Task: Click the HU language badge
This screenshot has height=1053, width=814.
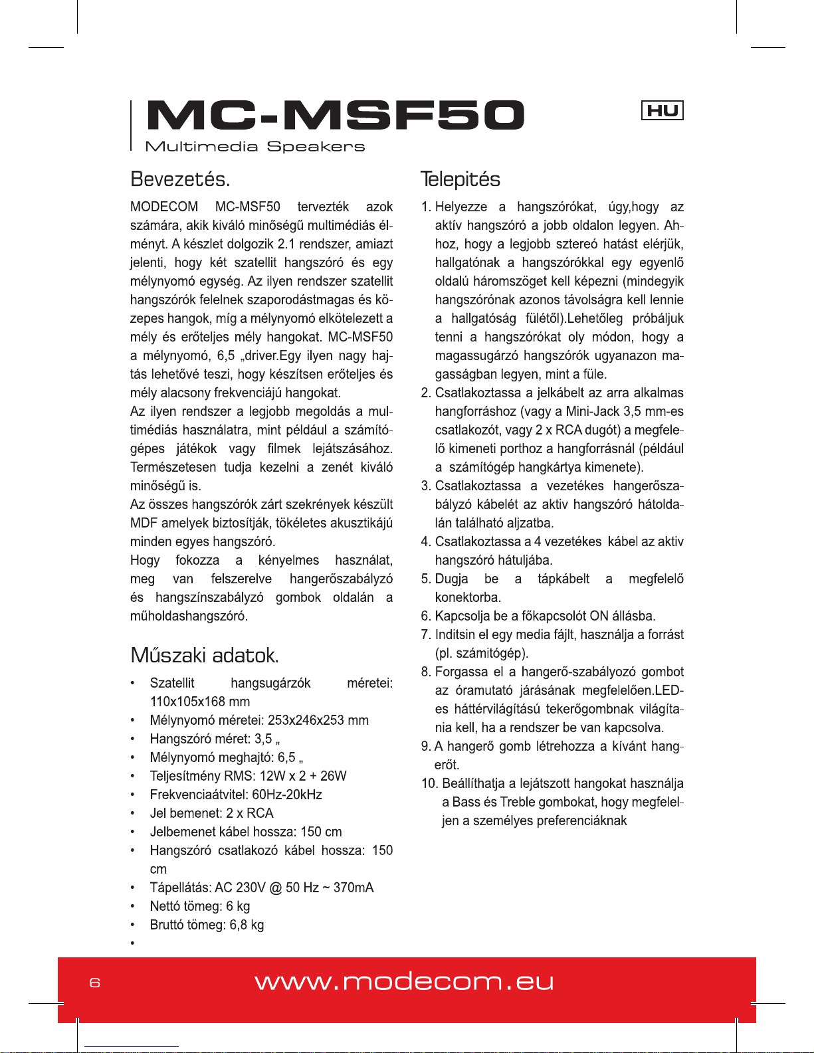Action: pyautogui.click(x=662, y=110)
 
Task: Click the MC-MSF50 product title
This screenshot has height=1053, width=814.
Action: pyautogui.click(x=336, y=116)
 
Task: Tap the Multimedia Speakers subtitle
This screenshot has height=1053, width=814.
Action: pyautogui.click(x=255, y=147)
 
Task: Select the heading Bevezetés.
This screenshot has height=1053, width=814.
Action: pyautogui.click(x=180, y=179)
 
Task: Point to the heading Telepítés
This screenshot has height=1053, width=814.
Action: pyautogui.click(x=460, y=179)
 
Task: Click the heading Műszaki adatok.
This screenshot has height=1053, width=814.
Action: pyautogui.click(x=205, y=656)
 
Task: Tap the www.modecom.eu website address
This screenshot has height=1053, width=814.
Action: pyautogui.click(x=404, y=982)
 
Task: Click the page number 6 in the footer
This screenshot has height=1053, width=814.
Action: pyautogui.click(x=95, y=983)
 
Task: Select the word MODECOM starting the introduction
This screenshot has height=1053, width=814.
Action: pyautogui.click(x=164, y=207)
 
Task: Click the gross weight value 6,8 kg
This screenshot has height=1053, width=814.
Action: pyautogui.click(x=247, y=925)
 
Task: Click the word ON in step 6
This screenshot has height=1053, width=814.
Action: pyautogui.click(x=599, y=616)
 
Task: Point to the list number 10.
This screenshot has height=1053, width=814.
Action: pyautogui.click(x=429, y=784)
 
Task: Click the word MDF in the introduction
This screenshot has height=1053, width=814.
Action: pyautogui.click(x=144, y=523)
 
